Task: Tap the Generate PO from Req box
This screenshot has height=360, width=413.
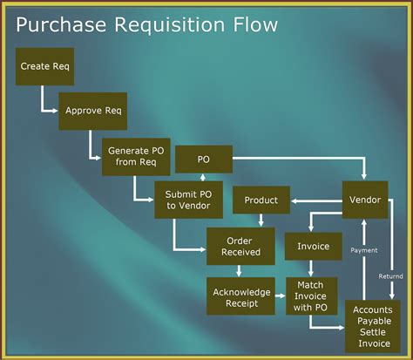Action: [135, 156]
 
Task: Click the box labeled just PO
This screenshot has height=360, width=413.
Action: [204, 160]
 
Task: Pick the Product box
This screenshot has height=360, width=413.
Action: [261, 200]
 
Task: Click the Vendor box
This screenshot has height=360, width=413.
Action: [365, 200]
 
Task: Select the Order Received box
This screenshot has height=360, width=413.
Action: [234, 246]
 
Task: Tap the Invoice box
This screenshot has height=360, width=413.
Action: [314, 246]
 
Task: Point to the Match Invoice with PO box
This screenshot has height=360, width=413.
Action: [311, 295]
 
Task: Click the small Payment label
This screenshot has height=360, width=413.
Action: [364, 250]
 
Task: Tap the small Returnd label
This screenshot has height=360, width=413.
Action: [391, 276]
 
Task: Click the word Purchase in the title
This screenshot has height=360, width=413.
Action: [62, 24]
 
